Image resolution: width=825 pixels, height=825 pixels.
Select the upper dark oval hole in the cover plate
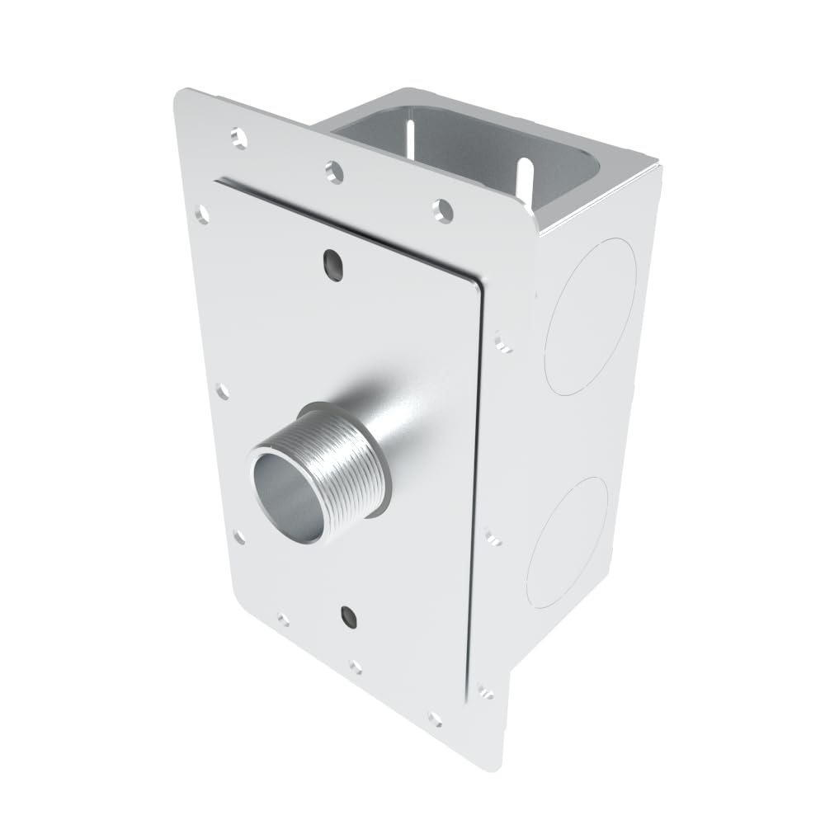(332, 263)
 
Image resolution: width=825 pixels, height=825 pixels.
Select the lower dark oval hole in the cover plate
(349, 614)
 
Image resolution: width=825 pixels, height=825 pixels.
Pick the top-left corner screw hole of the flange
(239, 136)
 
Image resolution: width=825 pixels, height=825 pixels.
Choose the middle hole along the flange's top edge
(333, 171)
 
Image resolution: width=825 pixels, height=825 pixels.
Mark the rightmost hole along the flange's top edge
(443, 210)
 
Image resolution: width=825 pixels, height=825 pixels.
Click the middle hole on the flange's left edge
(221, 390)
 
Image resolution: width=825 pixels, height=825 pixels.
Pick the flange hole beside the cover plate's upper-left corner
(201, 214)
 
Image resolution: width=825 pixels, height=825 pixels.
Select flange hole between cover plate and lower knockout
(493, 538)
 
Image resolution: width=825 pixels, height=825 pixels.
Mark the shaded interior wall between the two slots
(466, 153)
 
